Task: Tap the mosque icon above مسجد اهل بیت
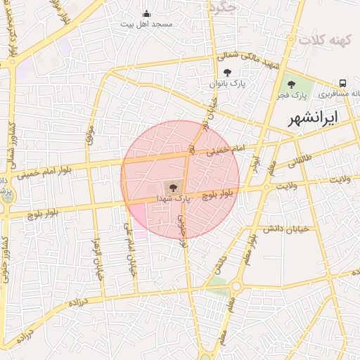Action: pyautogui.click(x=146, y=13)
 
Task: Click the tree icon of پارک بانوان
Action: pyautogui.click(x=226, y=72)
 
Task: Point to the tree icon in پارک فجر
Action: pyautogui.click(x=292, y=85)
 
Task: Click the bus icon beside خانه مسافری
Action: pyautogui.click(x=342, y=83)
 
